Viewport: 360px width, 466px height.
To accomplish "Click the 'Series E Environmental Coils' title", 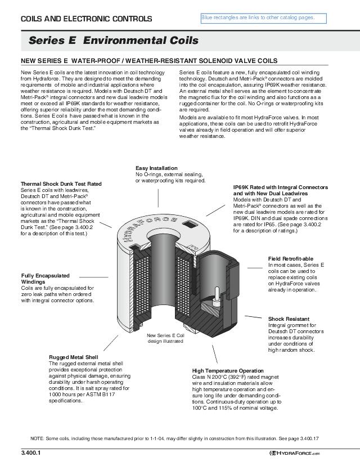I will point(114,41).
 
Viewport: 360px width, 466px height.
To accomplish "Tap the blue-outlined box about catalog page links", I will point(263,19).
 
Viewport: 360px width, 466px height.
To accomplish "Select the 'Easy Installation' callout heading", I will point(156,168).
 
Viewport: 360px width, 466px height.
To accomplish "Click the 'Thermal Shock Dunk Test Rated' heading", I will point(61,184).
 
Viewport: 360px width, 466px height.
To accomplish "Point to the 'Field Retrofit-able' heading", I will point(291,258).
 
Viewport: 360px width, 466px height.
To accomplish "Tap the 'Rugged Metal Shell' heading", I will point(74,357).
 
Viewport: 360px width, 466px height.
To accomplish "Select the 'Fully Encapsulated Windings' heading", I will point(45,279).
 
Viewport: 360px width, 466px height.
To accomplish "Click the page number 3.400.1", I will point(31,453).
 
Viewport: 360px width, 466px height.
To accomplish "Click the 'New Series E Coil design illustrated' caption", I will point(165,338).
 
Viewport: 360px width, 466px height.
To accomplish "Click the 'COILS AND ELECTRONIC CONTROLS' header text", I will point(86,19).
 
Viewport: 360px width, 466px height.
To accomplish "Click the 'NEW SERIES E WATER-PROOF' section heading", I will point(149,61).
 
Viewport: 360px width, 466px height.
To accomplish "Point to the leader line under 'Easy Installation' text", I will point(158,196).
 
